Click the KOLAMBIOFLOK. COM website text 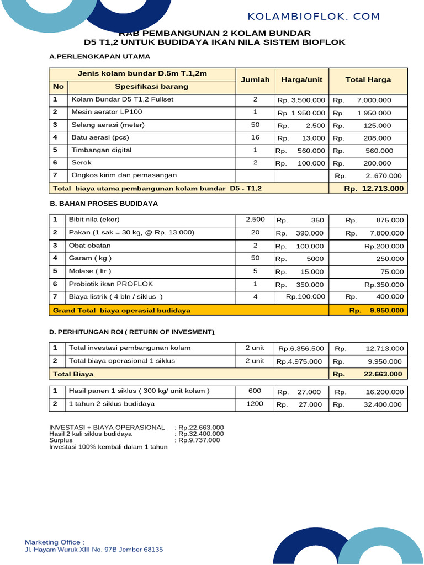point(314,17)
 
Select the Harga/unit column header point(301,79)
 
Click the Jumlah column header point(255,79)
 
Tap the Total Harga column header point(368,79)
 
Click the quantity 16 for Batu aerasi point(255,137)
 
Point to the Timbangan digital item point(102,150)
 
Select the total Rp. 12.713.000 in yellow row point(374,189)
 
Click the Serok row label point(81,163)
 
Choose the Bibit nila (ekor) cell point(94,220)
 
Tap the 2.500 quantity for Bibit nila point(255,220)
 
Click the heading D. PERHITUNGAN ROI point(132,332)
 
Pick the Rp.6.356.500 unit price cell point(301,348)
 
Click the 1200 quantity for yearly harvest point(255,404)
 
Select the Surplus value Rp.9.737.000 point(199,440)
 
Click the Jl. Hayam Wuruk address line point(94,550)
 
